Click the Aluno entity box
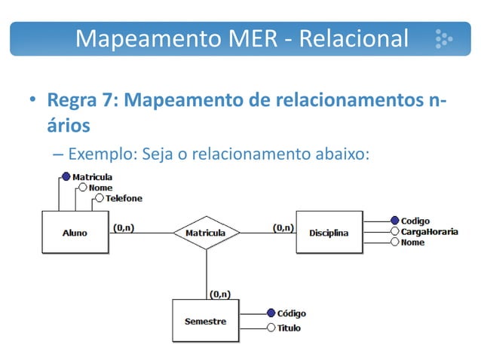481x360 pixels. (74, 233)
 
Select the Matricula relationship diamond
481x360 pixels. (206, 233)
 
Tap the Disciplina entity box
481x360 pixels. (329, 233)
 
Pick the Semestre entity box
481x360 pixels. (206, 321)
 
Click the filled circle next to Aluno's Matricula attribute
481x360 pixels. (66, 177)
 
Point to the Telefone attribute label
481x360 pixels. (123, 199)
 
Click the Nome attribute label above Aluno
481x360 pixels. (100, 188)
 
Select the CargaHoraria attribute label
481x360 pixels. (428, 232)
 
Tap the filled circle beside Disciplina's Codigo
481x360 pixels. (394, 221)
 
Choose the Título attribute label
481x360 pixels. (289, 328)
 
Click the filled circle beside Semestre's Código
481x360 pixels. (271, 313)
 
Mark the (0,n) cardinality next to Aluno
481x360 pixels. (124, 226)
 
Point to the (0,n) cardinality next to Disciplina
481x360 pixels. (283, 226)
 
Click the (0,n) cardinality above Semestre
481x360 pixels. (220, 294)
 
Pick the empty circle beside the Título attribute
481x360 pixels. (271, 328)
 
